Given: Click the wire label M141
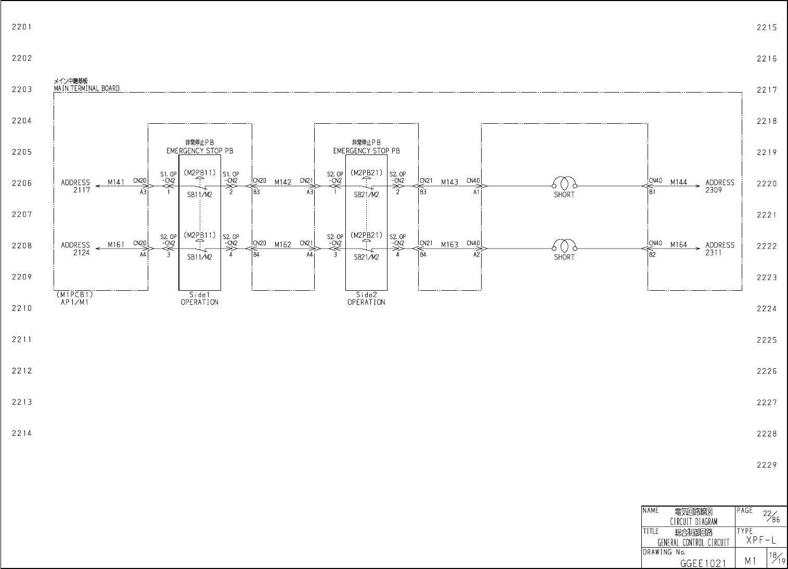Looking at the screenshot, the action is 116,182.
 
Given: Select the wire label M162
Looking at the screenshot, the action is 283,245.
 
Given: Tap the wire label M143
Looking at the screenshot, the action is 449,182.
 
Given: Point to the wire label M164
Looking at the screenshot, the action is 679,245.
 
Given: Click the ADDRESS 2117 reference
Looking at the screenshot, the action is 75,186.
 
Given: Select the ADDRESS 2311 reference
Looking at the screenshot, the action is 720,249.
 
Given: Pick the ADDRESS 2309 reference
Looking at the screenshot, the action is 720,186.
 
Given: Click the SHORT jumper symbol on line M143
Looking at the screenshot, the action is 564,183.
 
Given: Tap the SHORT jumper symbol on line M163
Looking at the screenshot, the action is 564,245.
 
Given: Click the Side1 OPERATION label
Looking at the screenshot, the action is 199,299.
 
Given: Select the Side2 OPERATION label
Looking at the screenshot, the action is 366,299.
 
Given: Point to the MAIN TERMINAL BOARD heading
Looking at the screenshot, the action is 86,88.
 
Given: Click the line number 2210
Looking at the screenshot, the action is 22,308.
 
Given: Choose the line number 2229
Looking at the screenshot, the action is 767,465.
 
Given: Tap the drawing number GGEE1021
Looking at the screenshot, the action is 703,563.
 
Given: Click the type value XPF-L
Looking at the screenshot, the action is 761,540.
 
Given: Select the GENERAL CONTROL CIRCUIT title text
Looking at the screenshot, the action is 693,542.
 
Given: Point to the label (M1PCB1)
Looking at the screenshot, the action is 74,295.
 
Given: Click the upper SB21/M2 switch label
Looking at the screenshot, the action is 366,195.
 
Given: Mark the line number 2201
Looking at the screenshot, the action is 22,27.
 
